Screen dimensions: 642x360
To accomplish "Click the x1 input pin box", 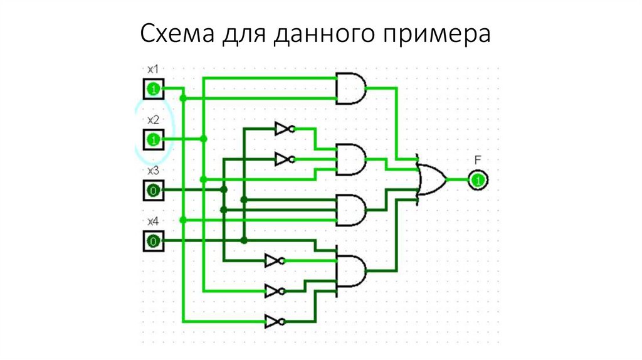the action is (x=154, y=89).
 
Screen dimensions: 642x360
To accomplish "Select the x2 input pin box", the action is (x=154, y=140).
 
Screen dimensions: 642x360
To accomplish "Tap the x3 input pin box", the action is (x=154, y=190).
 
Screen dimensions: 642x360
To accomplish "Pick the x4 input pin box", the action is (x=154, y=241).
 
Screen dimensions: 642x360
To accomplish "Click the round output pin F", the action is (x=478, y=180).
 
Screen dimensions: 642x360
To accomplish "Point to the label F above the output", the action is (x=478, y=160).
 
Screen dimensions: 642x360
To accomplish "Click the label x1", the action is (x=153, y=69).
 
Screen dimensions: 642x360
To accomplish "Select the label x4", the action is (x=153, y=221).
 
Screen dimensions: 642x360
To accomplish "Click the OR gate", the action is (x=431, y=180).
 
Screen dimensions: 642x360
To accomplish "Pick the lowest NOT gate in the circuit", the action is (x=275, y=322).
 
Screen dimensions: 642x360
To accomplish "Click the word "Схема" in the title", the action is (x=177, y=33).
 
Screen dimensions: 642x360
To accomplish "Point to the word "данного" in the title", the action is (x=324, y=34).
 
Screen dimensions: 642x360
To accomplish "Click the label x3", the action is (x=153, y=171).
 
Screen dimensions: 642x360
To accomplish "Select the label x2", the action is (x=153, y=120).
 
